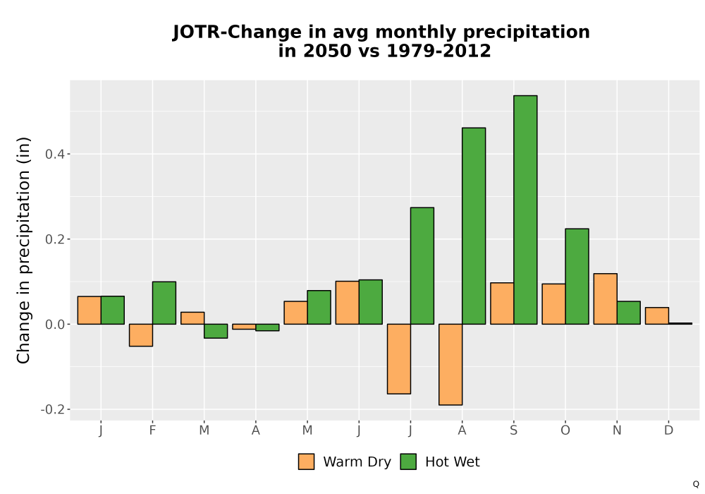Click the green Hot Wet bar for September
pyautogui.click(x=525, y=210)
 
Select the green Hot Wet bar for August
pyautogui.click(x=474, y=226)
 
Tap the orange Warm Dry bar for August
pyautogui.click(x=450, y=364)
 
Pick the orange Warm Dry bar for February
pyautogui.click(x=141, y=335)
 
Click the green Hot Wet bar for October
pyautogui.click(x=577, y=276)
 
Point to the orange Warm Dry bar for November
pyautogui.click(x=605, y=299)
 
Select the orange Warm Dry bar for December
pyautogui.click(x=657, y=316)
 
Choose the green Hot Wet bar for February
pyautogui.click(x=164, y=303)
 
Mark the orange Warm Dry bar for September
pyautogui.click(x=502, y=303)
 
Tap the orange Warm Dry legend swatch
pyautogui.click(x=306, y=462)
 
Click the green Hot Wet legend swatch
pyautogui.click(x=408, y=462)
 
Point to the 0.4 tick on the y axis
pyautogui.click(x=68, y=155)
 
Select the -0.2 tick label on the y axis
pyautogui.click(x=53, y=409)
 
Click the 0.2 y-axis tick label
pyautogui.click(x=55, y=239)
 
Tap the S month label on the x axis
pyautogui.click(x=513, y=430)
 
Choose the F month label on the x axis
pyautogui.click(x=152, y=430)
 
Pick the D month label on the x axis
pyautogui.click(x=668, y=430)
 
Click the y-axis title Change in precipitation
pyautogui.click(x=23, y=250)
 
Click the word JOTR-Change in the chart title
pyautogui.click(x=238, y=32)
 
